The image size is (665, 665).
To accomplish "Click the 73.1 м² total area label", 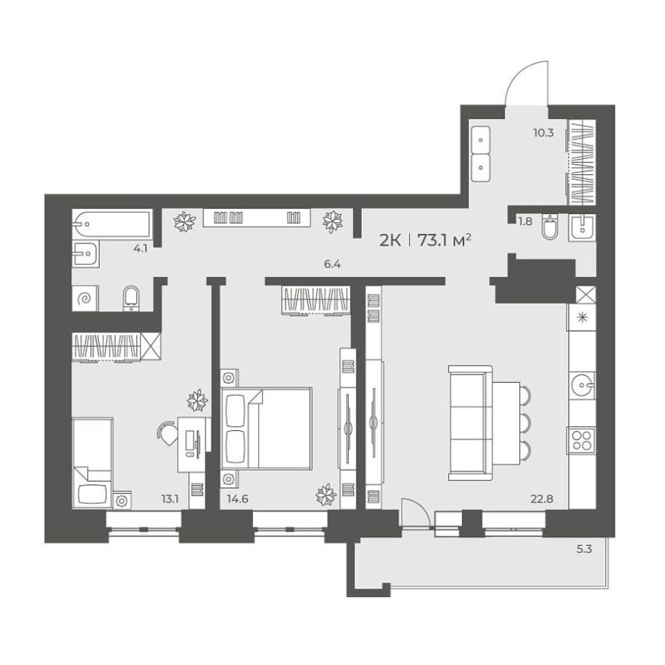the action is tap(444, 241).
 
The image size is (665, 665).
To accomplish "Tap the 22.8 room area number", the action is tap(541, 499).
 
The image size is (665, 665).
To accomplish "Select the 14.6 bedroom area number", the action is tap(237, 499).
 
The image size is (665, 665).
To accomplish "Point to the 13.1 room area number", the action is tap(170, 499).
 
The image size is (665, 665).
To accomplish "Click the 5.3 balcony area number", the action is tap(584, 549).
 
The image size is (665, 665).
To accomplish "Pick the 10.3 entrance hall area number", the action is tap(543, 133).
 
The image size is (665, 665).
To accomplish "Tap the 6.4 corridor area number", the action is tap(332, 264).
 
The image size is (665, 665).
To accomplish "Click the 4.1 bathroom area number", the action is tap(140, 249).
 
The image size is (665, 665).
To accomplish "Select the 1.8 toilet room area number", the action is tap(525, 221).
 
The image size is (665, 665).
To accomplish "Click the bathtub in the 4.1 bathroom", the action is tap(112, 223).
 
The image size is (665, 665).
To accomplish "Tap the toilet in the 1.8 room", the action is tap(551, 227).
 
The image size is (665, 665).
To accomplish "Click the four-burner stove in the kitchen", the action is tap(582, 440).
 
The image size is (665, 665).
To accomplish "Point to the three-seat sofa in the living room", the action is tap(469, 424).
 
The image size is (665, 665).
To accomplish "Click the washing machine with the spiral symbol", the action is tap(85, 299).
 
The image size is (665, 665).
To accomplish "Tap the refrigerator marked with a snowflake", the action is tap(582, 317).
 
